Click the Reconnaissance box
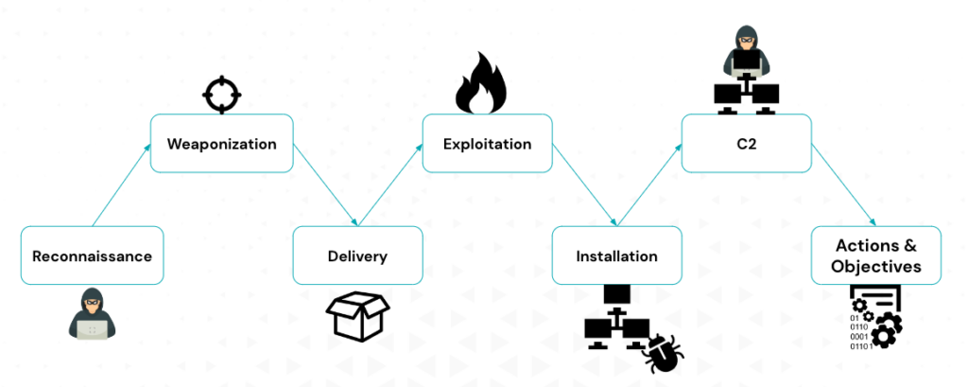coord(92,255)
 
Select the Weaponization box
coord(221,144)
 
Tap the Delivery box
coord(357,255)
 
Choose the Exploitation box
coord(487,144)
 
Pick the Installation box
coord(616,255)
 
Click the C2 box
coord(746,144)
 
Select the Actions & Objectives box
coord(875,255)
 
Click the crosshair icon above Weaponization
coord(222,95)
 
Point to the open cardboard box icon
coord(357,316)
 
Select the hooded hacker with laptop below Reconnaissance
coord(92,313)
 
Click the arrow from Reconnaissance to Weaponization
coord(121,185)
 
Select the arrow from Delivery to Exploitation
coord(390,185)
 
